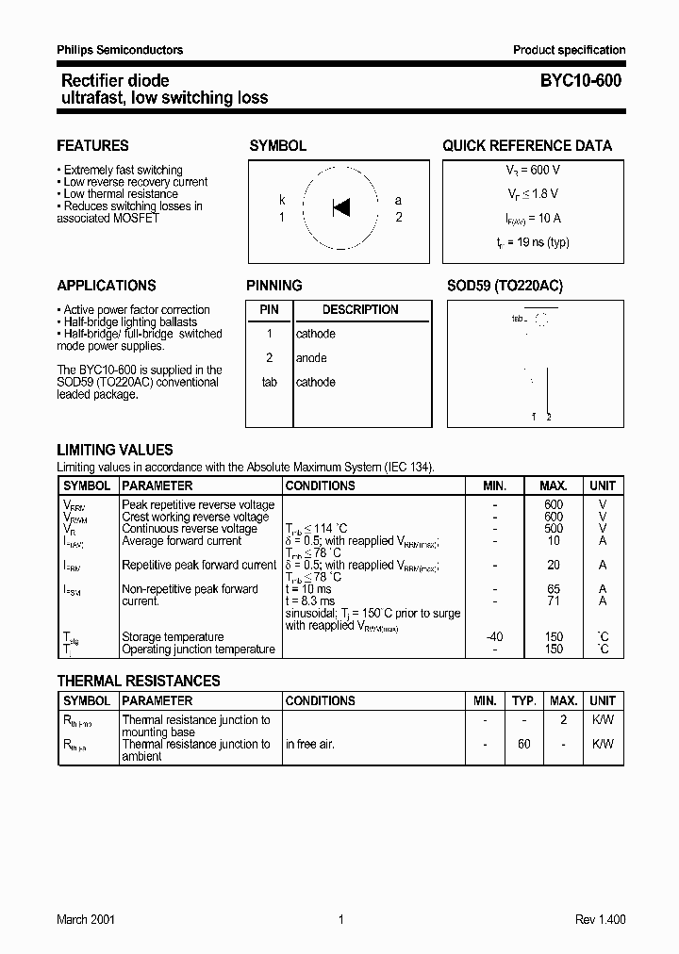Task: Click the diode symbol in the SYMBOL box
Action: click(341, 206)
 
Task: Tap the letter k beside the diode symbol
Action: click(282, 200)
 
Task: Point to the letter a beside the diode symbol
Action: click(398, 200)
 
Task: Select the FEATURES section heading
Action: click(92, 146)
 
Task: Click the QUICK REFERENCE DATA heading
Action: click(527, 146)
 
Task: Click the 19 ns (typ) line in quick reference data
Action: click(533, 242)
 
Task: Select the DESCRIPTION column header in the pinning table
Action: click(360, 309)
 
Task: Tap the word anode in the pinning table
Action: click(311, 358)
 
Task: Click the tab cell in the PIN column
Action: click(270, 383)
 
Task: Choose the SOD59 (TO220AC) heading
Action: click(505, 286)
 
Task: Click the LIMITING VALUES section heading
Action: click(115, 451)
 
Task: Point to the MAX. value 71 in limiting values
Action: click(554, 600)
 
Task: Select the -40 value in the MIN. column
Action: click(494, 637)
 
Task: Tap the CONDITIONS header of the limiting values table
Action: click(321, 486)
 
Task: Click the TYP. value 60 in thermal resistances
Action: click(523, 744)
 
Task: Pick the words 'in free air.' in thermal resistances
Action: click(310, 744)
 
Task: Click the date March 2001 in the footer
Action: click(86, 920)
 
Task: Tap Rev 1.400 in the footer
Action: click(600, 920)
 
